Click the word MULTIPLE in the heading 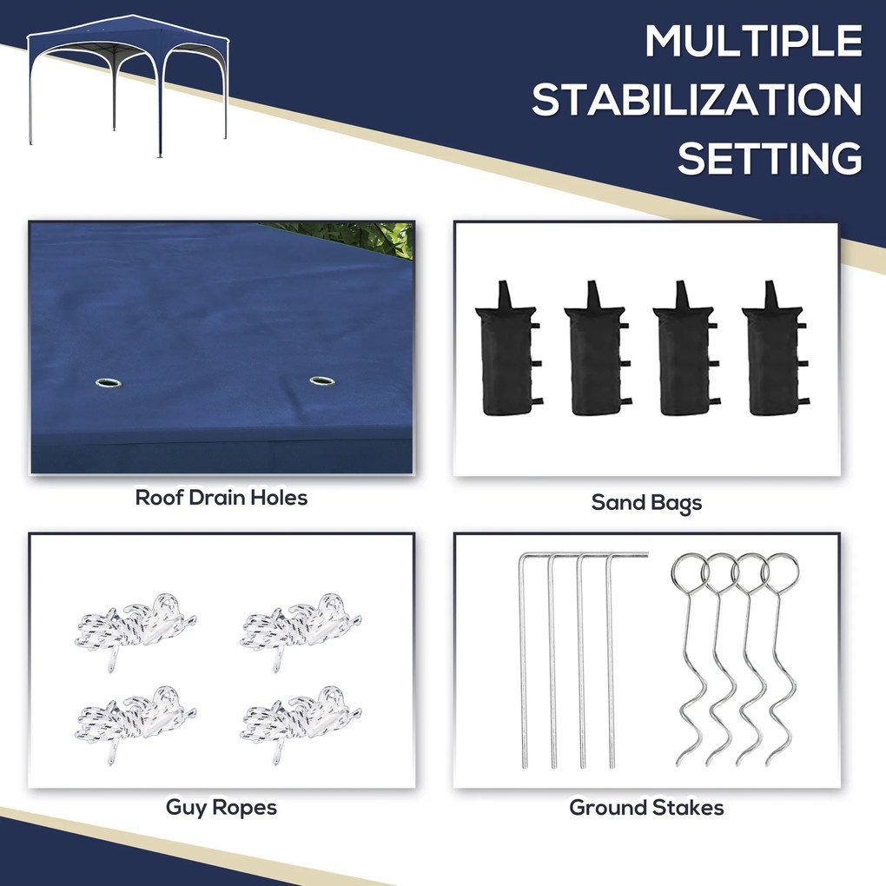coord(753,41)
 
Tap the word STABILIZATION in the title coord(697,100)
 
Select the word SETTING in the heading coord(770,158)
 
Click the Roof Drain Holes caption coord(221,498)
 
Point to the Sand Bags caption coord(646,503)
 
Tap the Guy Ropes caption coord(221,808)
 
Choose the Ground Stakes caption coord(646,808)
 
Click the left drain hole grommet coord(109,383)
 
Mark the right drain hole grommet coord(322,380)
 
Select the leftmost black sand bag coord(507,349)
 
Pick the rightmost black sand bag coord(774,349)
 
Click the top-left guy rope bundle coord(135,629)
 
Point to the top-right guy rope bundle coord(301,629)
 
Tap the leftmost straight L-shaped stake coord(523,661)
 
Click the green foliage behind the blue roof coord(361,236)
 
